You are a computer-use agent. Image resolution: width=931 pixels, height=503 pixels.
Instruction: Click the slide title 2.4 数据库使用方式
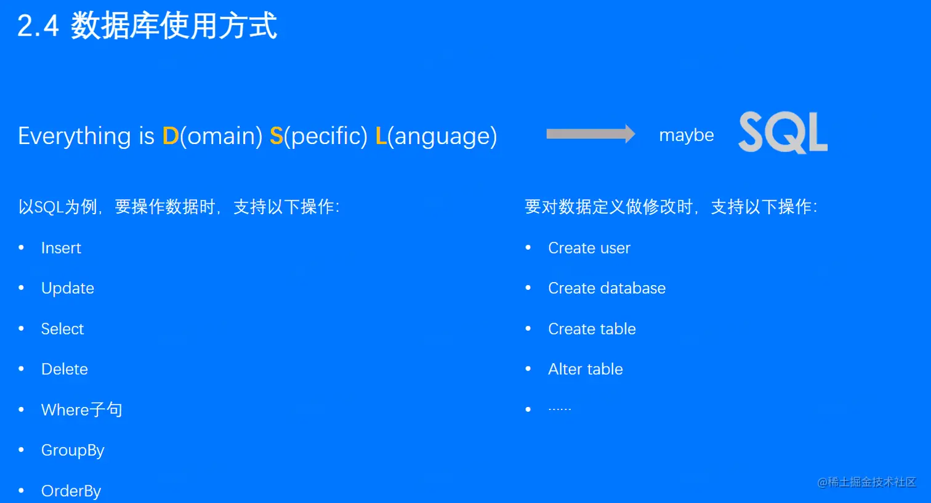147,26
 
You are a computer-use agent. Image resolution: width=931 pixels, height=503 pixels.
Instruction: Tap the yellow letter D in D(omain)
170,136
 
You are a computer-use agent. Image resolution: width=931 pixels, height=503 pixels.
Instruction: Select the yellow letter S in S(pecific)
276,136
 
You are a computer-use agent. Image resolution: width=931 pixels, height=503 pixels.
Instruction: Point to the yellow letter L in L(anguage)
381,136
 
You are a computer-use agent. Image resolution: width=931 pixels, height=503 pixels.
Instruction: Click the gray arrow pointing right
590,134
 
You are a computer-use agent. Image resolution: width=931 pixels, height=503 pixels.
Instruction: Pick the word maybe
686,135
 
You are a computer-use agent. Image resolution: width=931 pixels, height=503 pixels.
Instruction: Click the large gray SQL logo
783,132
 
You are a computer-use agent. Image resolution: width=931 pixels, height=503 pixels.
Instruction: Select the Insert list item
61,248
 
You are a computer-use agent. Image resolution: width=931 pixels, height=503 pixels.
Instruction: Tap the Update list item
68,288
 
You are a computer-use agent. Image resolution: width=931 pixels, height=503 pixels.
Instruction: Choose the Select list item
62,329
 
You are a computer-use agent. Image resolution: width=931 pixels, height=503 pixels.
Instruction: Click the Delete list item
65,369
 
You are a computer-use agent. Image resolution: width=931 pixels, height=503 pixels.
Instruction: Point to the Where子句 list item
81,409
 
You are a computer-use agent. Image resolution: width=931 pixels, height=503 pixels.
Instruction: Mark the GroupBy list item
73,451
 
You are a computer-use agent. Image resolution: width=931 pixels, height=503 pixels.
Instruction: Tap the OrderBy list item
71,491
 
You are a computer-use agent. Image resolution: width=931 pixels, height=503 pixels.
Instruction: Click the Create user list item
589,248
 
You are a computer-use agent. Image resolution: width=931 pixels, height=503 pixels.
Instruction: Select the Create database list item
607,288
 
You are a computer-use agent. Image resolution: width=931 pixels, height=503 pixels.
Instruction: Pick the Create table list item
592,329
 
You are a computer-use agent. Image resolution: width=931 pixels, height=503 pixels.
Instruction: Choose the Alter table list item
586,369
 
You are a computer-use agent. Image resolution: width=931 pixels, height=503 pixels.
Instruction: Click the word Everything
75,136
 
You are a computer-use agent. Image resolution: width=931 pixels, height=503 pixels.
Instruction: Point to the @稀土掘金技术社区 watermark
866,482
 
